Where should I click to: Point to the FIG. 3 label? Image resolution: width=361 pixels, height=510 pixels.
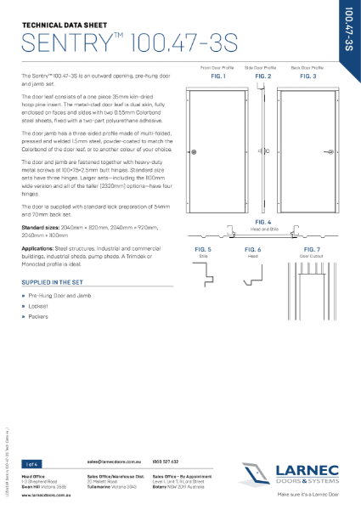308,76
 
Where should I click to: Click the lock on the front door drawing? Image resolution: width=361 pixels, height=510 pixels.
195,152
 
